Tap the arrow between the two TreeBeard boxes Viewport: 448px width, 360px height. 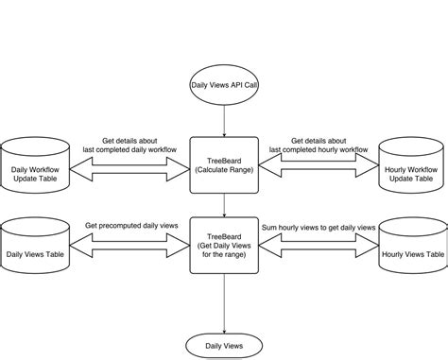coord(223,203)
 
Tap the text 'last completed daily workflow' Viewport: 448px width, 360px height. coord(131,149)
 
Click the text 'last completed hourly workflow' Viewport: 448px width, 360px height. coord(318,149)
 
